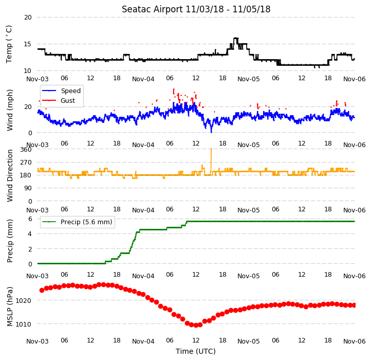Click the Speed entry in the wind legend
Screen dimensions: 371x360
[71, 91]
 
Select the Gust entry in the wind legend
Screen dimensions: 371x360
[68, 100]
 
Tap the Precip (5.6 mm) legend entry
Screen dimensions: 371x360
[86, 222]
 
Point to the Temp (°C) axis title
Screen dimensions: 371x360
[9, 44]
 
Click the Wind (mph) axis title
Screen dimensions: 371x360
[9, 110]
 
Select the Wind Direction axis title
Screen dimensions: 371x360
[9, 176]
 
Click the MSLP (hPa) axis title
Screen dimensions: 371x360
[9, 307]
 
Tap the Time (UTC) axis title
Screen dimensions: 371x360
[196, 351]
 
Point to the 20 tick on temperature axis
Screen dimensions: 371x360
[28, 17]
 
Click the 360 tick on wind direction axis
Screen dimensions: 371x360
[26, 150]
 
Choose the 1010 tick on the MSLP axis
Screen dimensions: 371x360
[23, 324]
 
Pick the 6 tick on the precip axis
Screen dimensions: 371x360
[30, 219]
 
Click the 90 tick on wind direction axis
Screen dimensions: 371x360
[28, 188]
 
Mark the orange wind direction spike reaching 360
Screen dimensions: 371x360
[211, 160]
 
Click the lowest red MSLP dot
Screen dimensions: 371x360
[196, 326]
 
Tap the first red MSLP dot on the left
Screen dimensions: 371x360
[42, 290]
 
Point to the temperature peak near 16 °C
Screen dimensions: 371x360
[236, 39]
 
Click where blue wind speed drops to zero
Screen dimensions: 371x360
[211, 132]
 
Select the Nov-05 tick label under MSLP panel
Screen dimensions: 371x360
[248, 341]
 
